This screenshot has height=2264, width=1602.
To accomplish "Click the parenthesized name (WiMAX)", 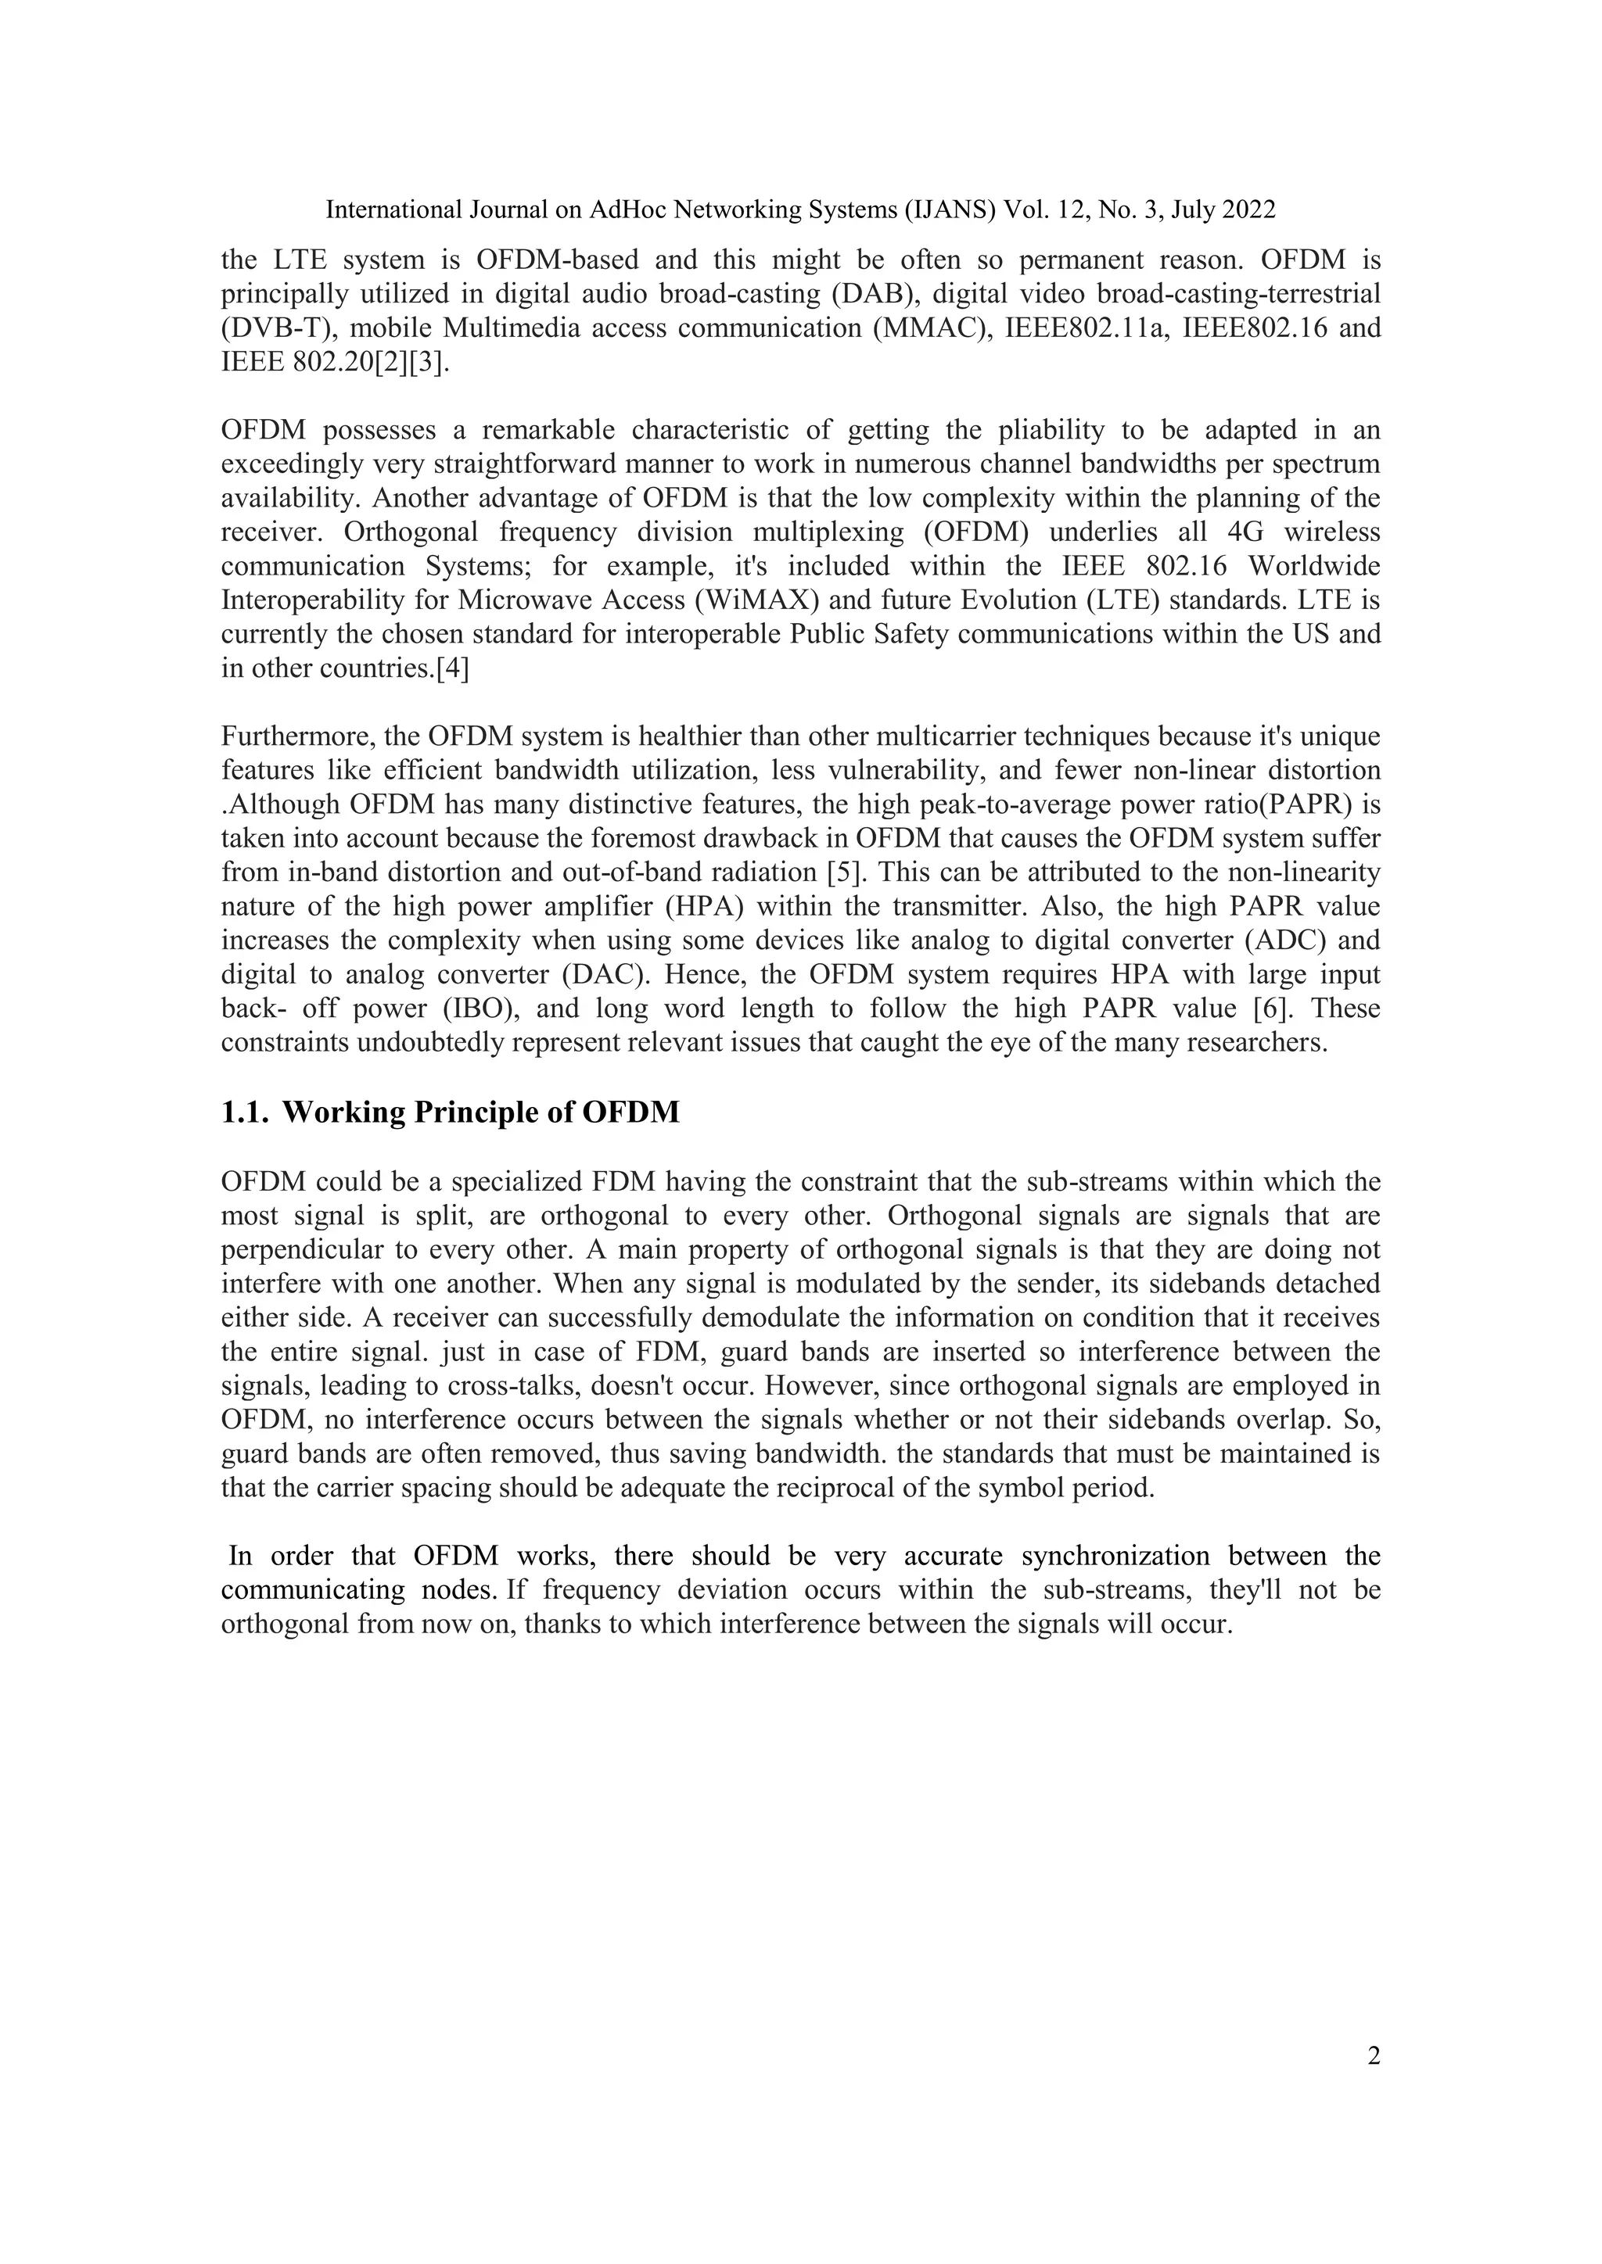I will point(760,600).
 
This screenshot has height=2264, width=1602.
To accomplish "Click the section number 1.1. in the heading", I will point(246,1112).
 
